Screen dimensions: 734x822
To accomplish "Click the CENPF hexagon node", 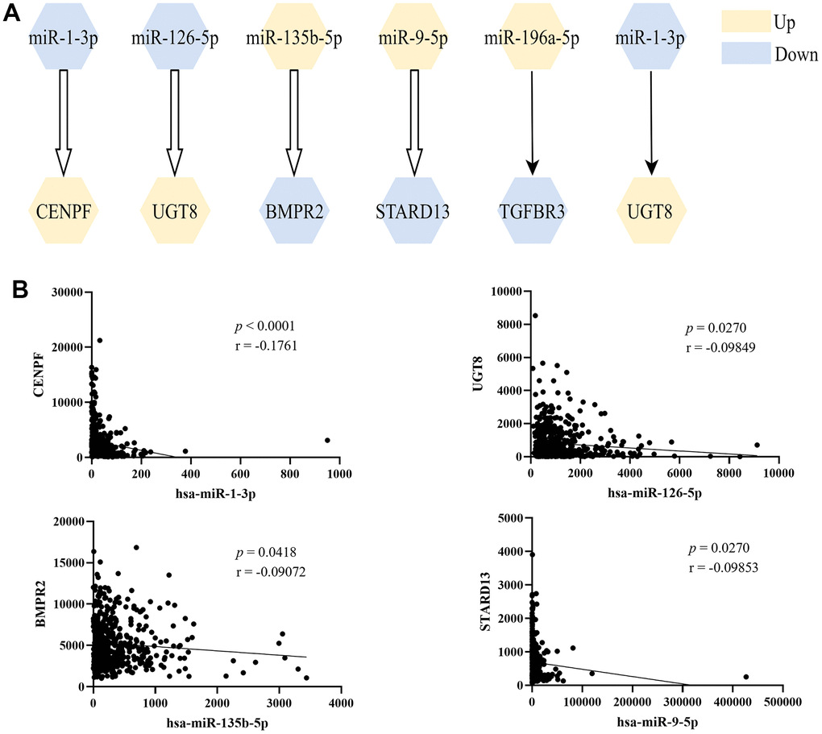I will (59, 211).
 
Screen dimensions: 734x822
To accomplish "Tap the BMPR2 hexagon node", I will (295, 211).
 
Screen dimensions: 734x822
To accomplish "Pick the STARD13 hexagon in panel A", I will (413, 211).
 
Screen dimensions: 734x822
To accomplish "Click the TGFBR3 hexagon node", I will (531, 211).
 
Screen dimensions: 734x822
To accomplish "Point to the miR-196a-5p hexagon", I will (531, 37).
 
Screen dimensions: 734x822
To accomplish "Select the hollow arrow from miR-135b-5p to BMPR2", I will (295, 121).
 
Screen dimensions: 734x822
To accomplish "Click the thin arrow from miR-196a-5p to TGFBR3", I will (531, 121).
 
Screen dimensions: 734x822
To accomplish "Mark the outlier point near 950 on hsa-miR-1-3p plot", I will (327, 440).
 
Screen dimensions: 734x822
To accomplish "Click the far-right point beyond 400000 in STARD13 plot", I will (746, 677).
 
